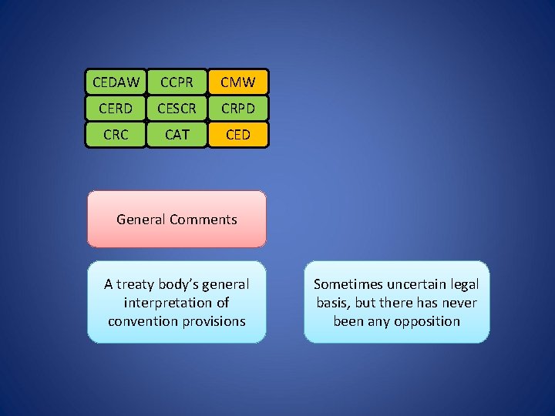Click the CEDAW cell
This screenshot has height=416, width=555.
pyautogui.click(x=116, y=82)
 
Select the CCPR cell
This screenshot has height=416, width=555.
pyautogui.click(x=177, y=82)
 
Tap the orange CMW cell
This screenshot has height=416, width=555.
pyautogui.click(x=238, y=82)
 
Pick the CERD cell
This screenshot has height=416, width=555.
pyautogui.click(x=116, y=109)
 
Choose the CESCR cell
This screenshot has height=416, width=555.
pyautogui.click(x=177, y=109)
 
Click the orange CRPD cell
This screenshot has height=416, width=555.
pyautogui.click(x=238, y=109)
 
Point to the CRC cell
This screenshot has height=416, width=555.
pyautogui.click(x=116, y=135)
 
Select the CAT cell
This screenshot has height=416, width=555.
pyautogui.click(x=177, y=135)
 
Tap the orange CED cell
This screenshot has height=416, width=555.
pyautogui.click(x=238, y=135)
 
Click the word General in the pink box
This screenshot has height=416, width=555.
pyautogui.click(x=140, y=220)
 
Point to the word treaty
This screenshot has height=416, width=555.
pyautogui.click(x=137, y=284)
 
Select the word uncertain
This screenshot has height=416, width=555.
pyautogui.click(x=416, y=284)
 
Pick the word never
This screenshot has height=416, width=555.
pyautogui.click(x=459, y=303)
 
